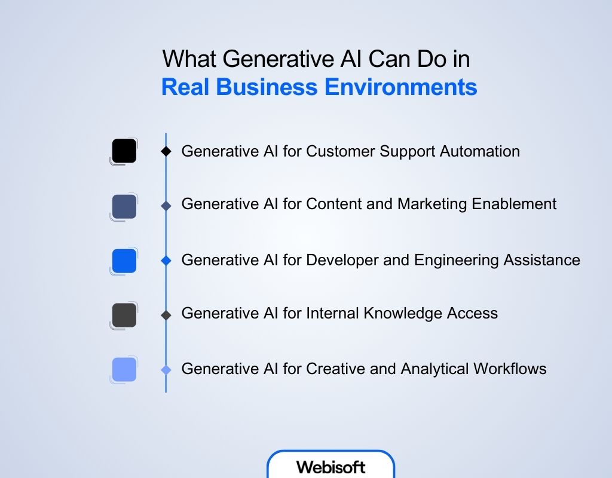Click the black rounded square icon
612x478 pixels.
pos(124,151)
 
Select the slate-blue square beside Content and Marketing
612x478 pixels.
pos(124,206)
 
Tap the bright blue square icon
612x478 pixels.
pos(124,261)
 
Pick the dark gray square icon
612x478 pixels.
pos(124,315)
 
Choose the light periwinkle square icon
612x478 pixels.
pos(124,369)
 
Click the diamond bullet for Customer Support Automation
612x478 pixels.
pos(166,152)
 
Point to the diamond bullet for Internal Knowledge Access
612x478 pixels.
pos(166,314)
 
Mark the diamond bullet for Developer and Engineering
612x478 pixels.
pos(166,261)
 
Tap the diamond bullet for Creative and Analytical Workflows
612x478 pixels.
pos(166,370)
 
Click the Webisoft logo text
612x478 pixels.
pos(331,467)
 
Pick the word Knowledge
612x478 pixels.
pos(393,312)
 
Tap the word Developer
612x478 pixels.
pos(339,261)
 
